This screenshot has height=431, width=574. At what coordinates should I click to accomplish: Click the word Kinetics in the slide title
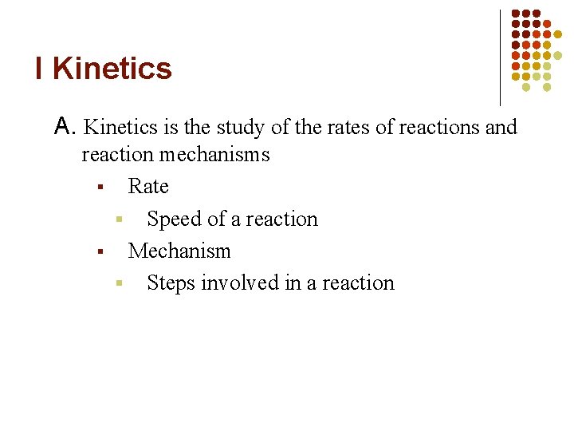[112, 69]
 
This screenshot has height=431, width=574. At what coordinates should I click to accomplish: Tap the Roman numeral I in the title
[40, 69]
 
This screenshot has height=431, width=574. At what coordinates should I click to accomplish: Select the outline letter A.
[65, 126]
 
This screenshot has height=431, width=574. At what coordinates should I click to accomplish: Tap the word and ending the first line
[501, 127]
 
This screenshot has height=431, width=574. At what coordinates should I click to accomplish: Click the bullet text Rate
[148, 186]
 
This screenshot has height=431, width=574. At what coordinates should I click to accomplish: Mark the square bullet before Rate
[100, 188]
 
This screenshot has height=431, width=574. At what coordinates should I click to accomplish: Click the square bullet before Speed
[118, 219]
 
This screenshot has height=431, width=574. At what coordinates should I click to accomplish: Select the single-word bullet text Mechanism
[179, 251]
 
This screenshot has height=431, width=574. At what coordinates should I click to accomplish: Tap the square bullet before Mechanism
[100, 252]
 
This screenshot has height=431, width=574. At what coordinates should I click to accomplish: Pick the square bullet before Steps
[118, 283]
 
